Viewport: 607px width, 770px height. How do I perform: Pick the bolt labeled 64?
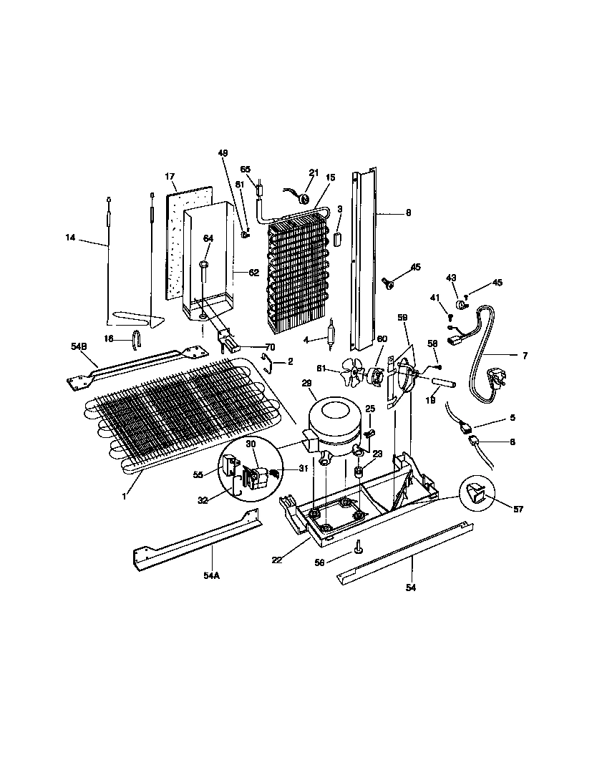203,271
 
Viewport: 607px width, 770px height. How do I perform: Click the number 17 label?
170,176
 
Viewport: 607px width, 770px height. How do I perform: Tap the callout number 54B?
79,346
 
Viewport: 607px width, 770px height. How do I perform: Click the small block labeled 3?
339,238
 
